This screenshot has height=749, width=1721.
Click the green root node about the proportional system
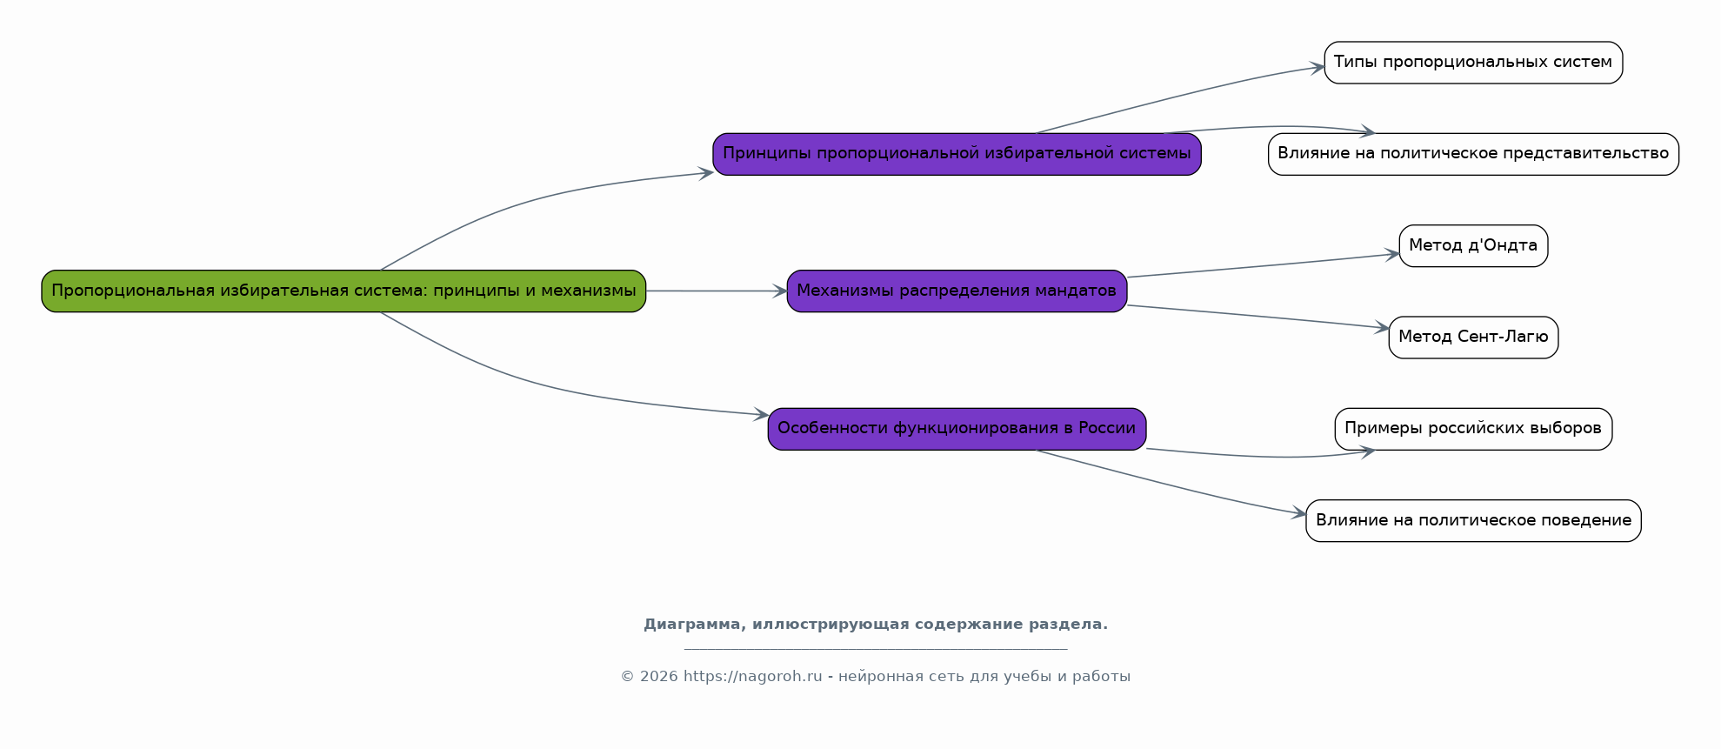click(x=344, y=291)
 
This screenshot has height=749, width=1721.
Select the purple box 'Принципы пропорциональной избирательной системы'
click(x=957, y=154)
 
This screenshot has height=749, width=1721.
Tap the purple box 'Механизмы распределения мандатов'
click(x=957, y=291)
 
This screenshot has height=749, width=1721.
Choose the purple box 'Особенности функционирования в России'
click(x=957, y=429)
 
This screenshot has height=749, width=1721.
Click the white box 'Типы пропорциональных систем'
click(x=1473, y=63)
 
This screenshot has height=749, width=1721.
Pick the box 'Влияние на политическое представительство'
click(x=1473, y=154)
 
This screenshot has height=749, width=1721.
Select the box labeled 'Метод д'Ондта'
click(x=1473, y=246)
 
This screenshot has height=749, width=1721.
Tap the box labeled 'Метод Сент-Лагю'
click(x=1473, y=338)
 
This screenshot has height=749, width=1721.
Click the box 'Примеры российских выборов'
click(x=1473, y=429)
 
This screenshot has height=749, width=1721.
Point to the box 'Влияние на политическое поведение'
click(x=1473, y=521)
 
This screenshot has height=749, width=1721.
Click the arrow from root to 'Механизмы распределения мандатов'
click(x=717, y=291)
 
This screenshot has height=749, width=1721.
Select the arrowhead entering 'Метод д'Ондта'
click(x=1392, y=255)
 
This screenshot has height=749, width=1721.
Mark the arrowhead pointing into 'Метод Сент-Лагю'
click(x=1382, y=327)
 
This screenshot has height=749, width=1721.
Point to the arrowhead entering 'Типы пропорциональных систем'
click(x=1317, y=68)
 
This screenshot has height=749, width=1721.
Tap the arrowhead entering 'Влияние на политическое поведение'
click(x=1298, y=513)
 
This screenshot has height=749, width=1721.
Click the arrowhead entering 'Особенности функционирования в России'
click(x=761, y=415)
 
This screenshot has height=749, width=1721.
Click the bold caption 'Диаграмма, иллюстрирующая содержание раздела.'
click(x=876, y=625)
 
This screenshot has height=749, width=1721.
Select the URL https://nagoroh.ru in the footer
click(x=753, y=677)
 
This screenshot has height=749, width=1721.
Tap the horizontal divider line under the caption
click(x=876, y=649)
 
